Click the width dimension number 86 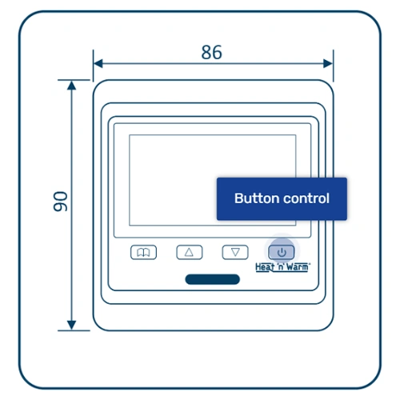coord(211,52)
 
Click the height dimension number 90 coord(61,202)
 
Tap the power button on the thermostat coord(282,252)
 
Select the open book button coord(143,252)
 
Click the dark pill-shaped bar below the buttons coord(213,279)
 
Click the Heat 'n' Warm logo coord(282,267)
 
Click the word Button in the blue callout coord(257,198)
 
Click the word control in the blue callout coord(306,198)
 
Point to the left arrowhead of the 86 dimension coord(98,64)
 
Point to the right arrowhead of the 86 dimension coord(328,64)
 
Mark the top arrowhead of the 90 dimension coord(71,86)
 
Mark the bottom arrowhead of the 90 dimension coord(71,326)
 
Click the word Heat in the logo coord(265,267)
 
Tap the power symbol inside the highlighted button coord(282,252)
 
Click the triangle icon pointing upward coord(189,252)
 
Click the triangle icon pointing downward coord(235,252)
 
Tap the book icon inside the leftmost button coord(143,252)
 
